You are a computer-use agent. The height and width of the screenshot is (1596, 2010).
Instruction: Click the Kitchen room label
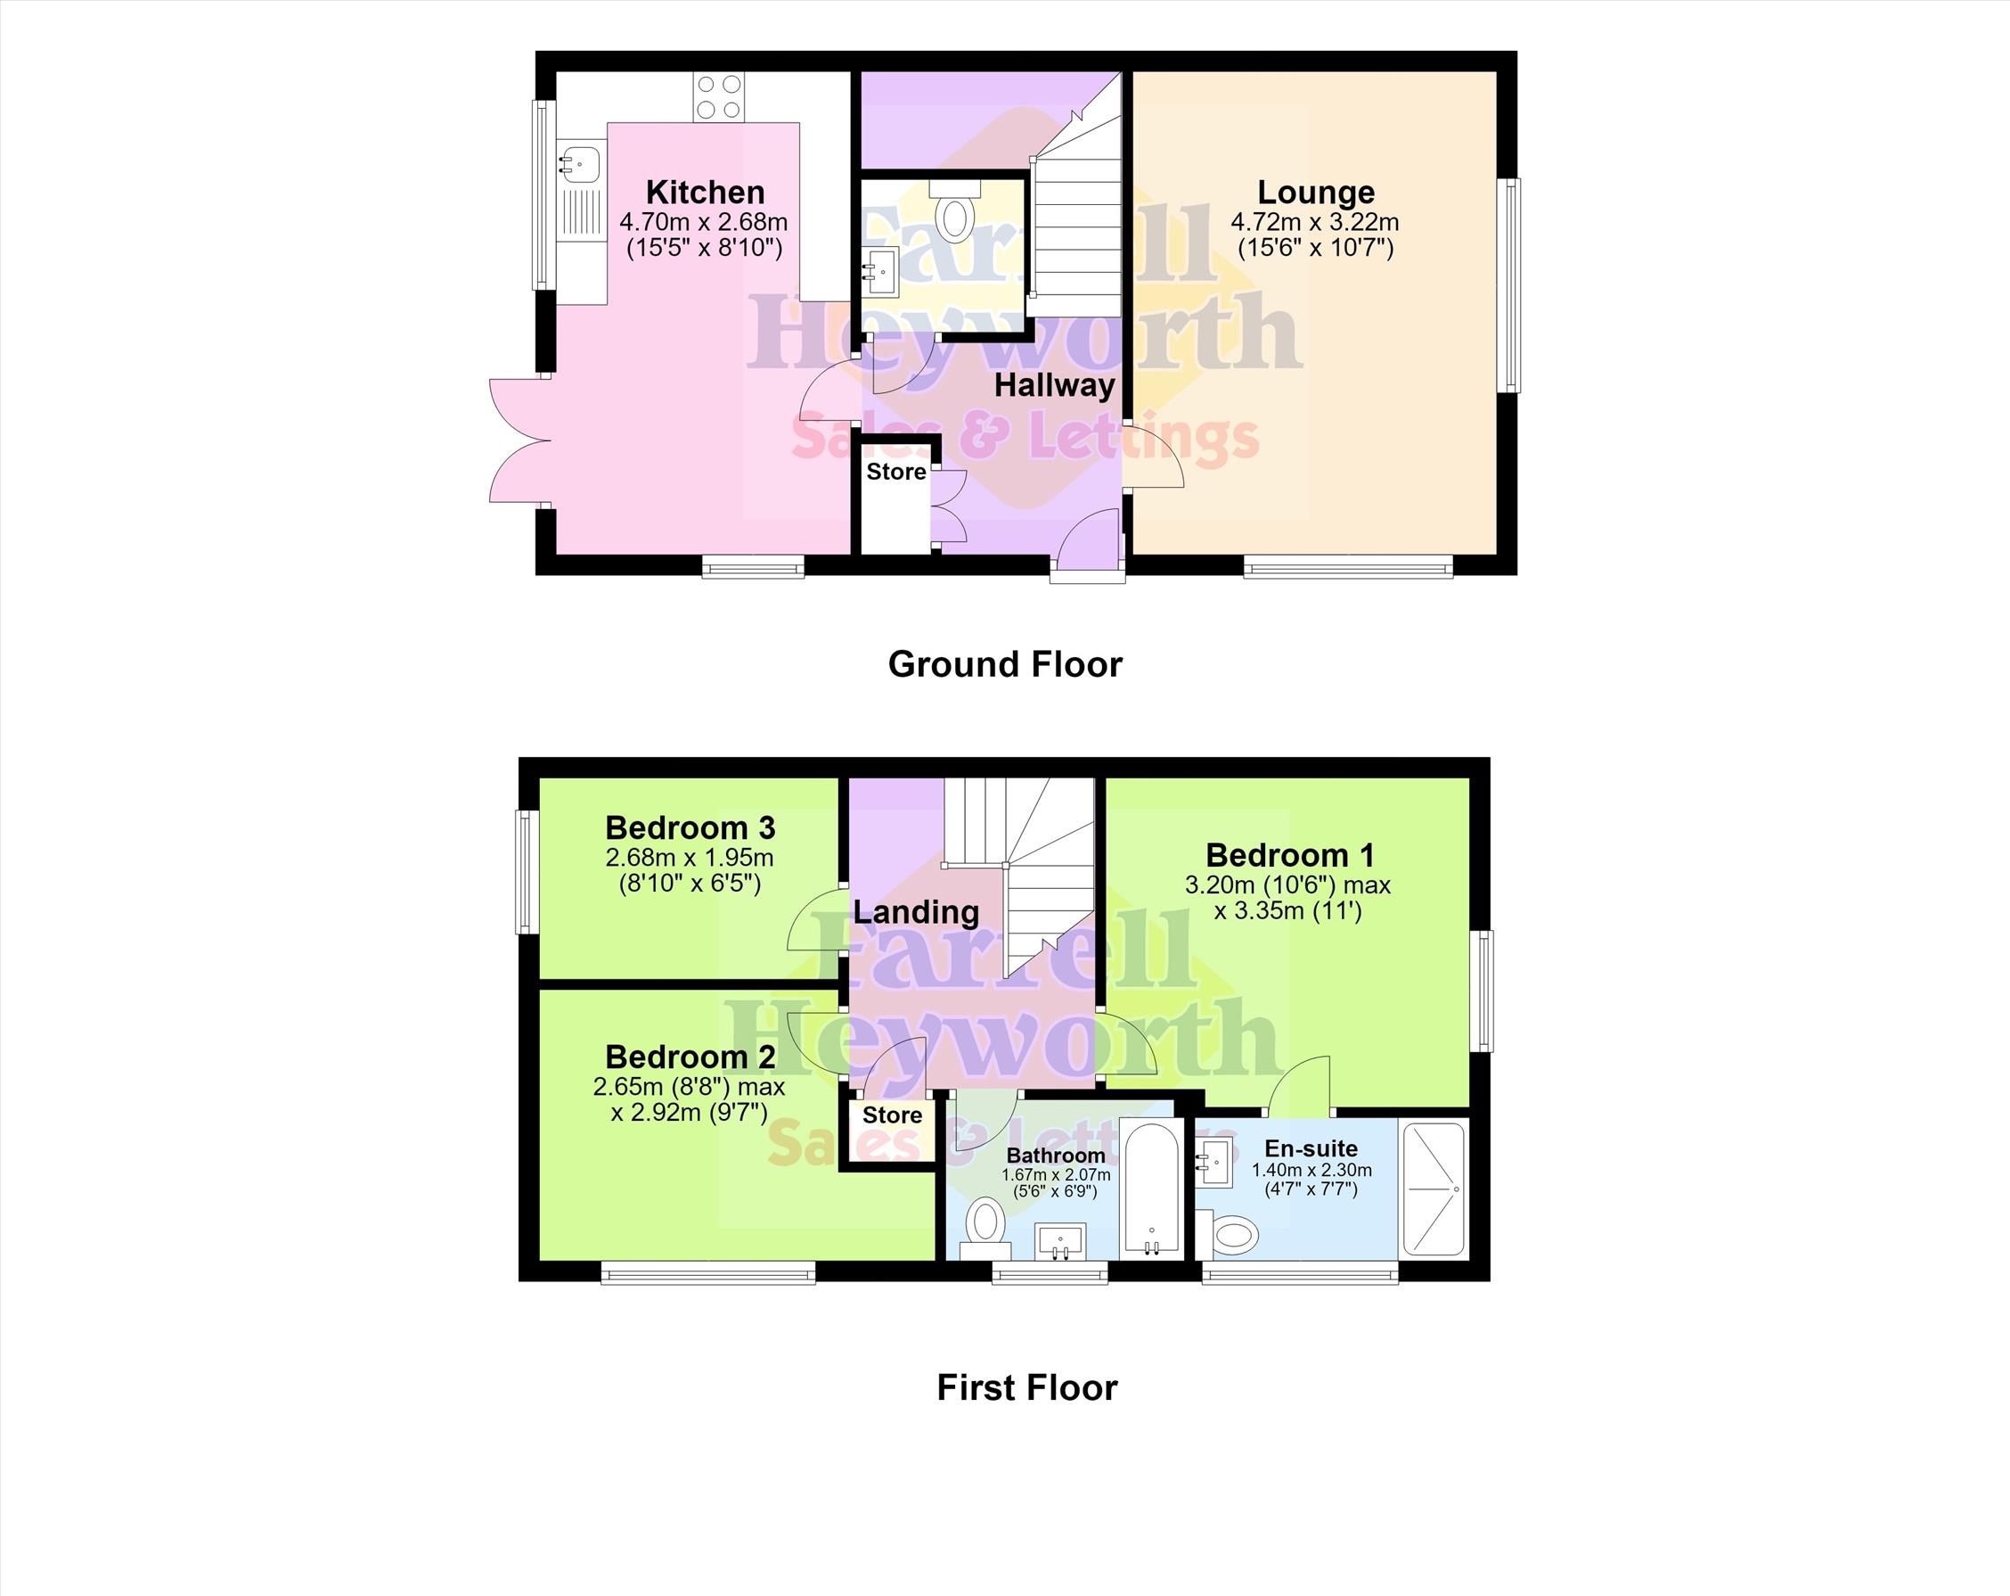pyautogui.click(x=705, y=193)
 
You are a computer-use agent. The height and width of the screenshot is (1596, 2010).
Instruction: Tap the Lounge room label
pyautogui.click(x=1315, y=193)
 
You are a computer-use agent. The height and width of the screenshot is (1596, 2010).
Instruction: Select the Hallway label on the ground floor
pyautogui.click(x=1054, y=385)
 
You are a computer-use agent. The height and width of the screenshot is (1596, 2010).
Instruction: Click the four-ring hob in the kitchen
pyautogui.click(x=719, y=97)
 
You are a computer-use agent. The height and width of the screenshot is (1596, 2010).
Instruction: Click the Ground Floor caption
pyautogui.click(x=1005, y=664)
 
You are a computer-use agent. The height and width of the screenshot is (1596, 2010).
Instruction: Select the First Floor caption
pyautogui.click(x=1026, y=1387)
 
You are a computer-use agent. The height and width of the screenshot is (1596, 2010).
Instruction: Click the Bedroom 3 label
pyautogui.click(x=690, y=827)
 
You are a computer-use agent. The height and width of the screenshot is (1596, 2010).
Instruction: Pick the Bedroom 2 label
pyautogui.click(x=690, y=1057)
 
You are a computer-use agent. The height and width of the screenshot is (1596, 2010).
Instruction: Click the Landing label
pyautogui.click(x=916, y=912)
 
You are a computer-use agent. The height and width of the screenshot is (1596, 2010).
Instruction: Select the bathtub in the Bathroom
pyautogui.click(x=1152, y=1190)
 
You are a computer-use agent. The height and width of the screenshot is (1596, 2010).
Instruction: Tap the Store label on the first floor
pyautogui.click(x=892, y=1115)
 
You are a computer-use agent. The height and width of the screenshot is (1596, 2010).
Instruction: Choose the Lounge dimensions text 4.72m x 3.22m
pyautogui.click(x=1314, y=222)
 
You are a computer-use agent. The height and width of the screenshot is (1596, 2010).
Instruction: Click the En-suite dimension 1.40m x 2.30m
pyautogui.click(x=1311, y=1171)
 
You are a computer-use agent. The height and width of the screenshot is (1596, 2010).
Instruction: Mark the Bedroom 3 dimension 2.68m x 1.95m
pyautogui.click(x=689, y=857)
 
